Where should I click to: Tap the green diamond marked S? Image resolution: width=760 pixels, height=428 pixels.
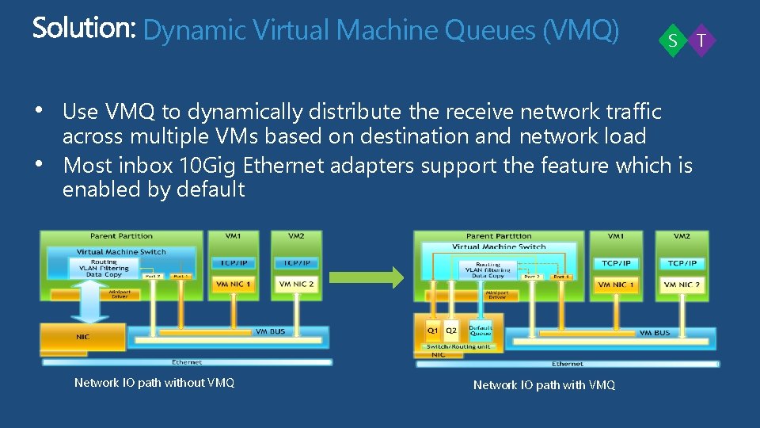click(x=672, y=40)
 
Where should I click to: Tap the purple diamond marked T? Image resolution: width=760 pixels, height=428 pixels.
click(x=701, y=40)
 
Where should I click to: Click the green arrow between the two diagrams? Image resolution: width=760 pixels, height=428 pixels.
click(x=367, y=277)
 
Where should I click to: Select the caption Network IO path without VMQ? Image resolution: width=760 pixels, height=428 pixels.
click(x=154, y=383)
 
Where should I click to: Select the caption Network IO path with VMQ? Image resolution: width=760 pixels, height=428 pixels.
click(x=544, y=384)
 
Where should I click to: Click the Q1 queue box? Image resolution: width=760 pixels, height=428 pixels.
click(x=432, y=331)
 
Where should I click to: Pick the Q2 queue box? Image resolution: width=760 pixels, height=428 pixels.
click(x=451, y=331)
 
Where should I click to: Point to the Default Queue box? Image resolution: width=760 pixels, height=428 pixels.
click(x=480, y=330)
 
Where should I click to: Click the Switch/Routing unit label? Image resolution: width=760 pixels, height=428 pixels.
click(x=459, y=347)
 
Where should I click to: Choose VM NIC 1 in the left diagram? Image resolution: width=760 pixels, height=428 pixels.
click(x=233, y=284)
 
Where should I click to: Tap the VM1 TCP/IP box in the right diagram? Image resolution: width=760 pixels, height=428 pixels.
click(x=616, y=262)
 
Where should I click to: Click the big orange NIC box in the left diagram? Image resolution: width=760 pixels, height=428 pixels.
click(x=83, y=336)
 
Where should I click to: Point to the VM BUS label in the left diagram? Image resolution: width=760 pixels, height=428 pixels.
click(x=270, y=331)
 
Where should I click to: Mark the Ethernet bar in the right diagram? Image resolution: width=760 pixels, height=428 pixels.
click(x=568, y=364)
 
